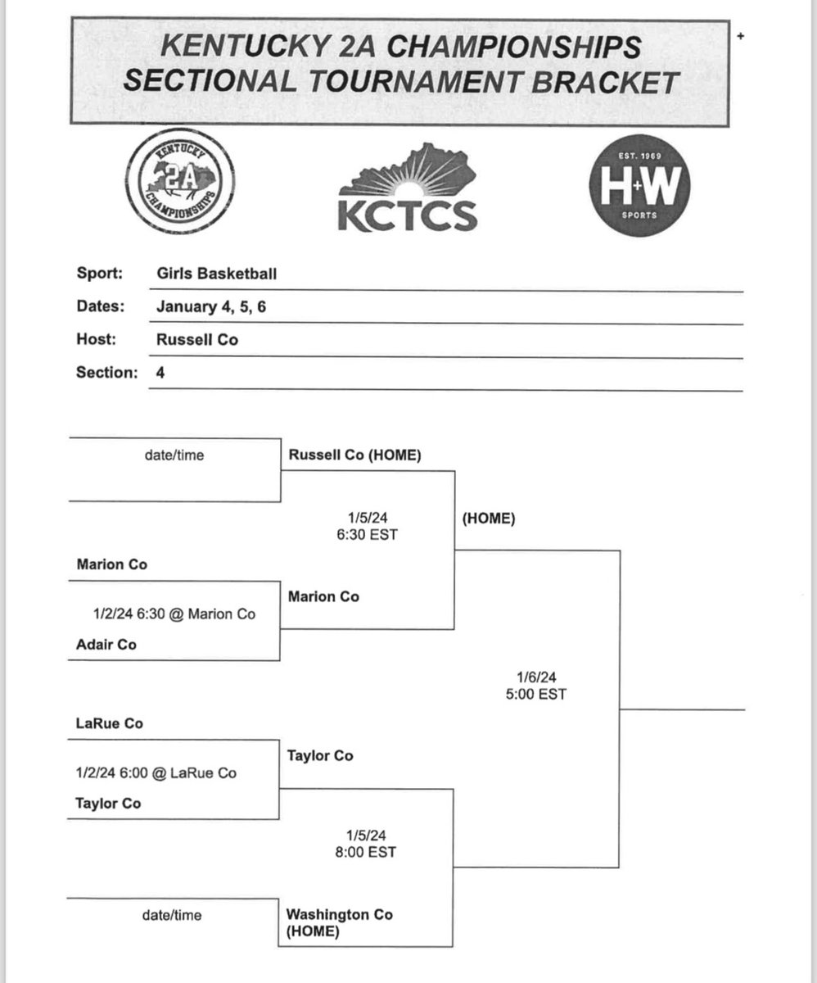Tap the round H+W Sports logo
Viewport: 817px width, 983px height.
(x=638, y=188)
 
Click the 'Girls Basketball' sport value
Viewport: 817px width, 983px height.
(x=216, y=274)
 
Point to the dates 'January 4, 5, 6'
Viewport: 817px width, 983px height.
(x=210, y=306)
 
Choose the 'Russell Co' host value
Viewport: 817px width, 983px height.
(x=197, y=339)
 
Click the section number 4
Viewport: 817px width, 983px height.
(x=160, y=373)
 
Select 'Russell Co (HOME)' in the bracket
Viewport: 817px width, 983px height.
(x=354, y=455)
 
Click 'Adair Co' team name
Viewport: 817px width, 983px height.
(x=106, y=645)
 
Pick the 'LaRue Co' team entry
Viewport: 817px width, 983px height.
(x=110, y=724)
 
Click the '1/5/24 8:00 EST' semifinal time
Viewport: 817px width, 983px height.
(x=365, y=844)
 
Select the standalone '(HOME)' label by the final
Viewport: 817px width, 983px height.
(x=489, y=519)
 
